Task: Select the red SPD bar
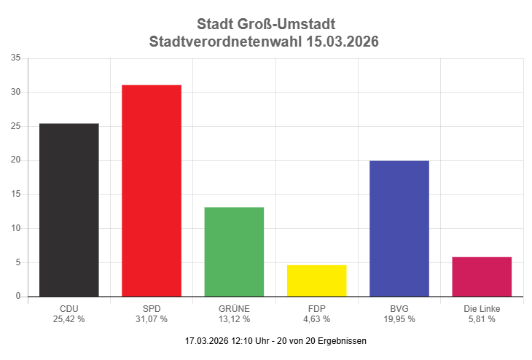152,191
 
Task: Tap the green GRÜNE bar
234,251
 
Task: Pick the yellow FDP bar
316,281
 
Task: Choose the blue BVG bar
399,228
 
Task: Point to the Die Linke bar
482,276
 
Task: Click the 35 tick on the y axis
15,58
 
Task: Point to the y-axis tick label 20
15,160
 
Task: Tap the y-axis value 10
15,228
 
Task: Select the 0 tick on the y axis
17,297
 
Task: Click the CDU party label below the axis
69,308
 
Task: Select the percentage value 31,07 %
152,319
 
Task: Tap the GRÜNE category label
234,308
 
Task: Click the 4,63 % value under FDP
316,319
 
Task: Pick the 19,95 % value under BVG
399,319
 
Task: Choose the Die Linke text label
482,308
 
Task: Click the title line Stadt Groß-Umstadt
266,25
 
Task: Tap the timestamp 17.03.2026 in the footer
206,340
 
